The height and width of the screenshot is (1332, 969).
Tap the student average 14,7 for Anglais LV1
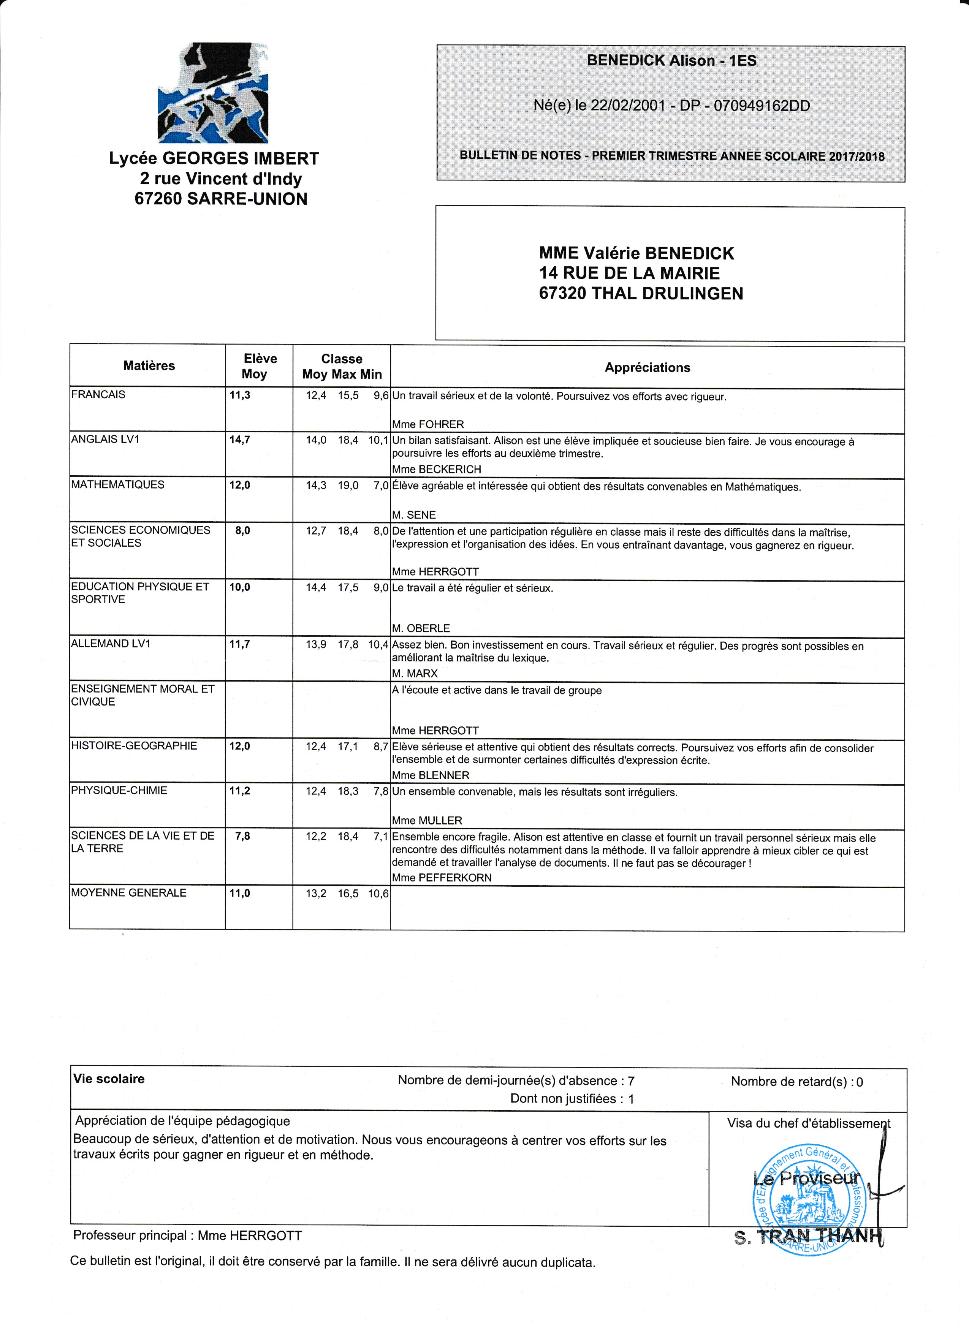[x=240, y=439]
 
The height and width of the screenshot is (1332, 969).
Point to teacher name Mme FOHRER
[x=427, y=424]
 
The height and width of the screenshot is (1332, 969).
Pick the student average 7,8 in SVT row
[x=242, y=836]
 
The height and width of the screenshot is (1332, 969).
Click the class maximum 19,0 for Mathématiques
[x=348, y=485]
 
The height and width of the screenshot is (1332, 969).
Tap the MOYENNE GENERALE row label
[x=128, y=893]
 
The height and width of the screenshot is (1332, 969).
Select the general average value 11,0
[x=240, y=893]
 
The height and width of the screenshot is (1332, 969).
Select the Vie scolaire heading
[x=109, y=1078]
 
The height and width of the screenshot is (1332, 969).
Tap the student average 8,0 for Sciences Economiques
[x=242, y=530]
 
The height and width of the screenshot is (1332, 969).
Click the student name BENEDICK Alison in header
[x=651, y=60]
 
